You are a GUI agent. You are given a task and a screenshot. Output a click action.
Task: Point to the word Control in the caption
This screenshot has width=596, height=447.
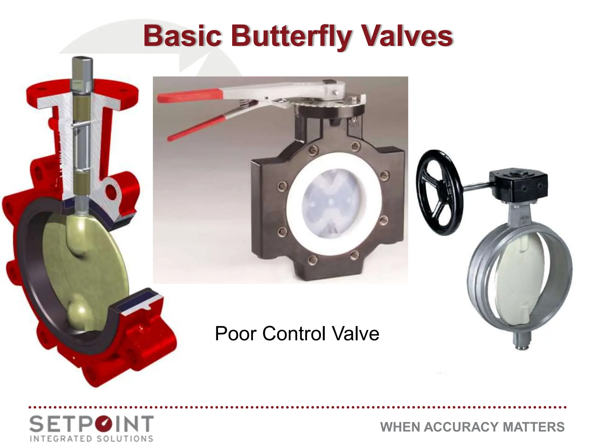point(294,334)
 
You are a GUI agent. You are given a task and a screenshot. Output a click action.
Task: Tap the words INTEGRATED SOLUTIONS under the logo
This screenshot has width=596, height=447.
point(91,438)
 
